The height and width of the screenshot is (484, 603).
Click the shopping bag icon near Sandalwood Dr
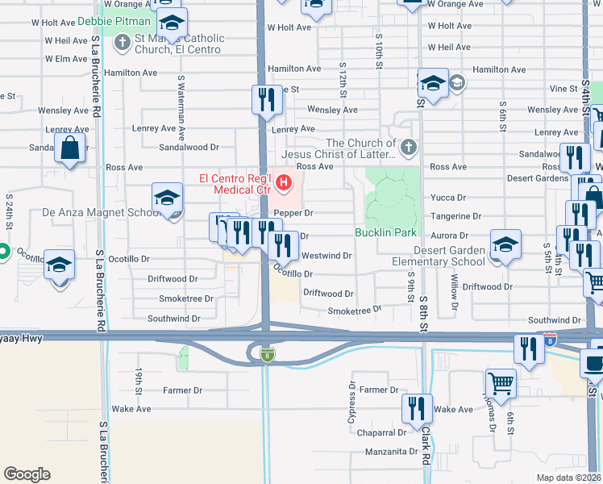[x=70, y=148]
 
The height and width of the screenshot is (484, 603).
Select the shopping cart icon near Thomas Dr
[x=501, y=384]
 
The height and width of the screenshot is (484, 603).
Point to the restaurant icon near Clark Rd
[x=417, y=409]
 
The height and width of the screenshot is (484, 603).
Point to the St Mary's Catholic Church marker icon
[x=123, y=43]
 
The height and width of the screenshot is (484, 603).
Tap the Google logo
[x=27, y=474]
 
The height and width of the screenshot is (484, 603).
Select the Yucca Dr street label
[x=449, y=198]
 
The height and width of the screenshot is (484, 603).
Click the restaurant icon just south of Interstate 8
[x=528, y=349]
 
